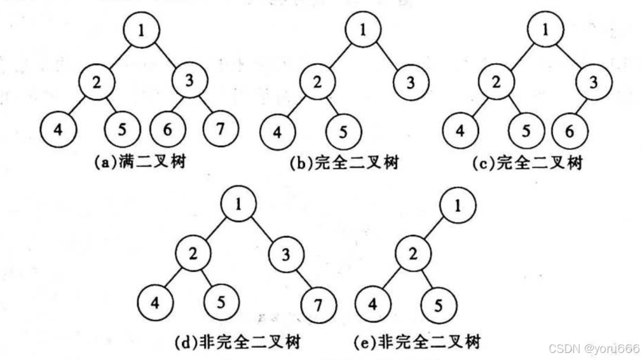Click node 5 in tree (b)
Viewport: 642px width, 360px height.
pos(343,133)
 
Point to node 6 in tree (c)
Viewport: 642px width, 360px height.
pos(569,132)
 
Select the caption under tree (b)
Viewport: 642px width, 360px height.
pos(344,163)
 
